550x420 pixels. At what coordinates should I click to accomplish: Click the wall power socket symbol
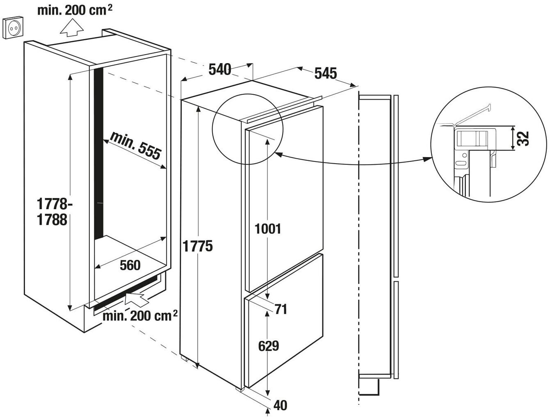13,27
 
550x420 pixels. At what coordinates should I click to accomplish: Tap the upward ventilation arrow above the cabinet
72,29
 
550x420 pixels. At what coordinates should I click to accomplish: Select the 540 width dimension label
220,69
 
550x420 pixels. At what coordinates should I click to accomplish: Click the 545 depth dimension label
326,73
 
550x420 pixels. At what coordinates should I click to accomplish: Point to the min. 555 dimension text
135,146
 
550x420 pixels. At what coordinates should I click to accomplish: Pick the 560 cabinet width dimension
130,265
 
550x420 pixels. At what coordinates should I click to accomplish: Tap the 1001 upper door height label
268,228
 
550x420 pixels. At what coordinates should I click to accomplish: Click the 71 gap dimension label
281,309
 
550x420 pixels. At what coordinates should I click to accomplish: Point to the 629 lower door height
268,346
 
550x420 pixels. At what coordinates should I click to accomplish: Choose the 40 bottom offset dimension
280,405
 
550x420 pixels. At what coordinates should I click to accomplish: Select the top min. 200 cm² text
75,11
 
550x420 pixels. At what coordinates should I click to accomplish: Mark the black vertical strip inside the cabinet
99,154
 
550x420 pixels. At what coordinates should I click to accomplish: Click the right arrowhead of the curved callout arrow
427,159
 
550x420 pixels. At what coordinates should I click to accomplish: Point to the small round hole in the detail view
465,155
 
